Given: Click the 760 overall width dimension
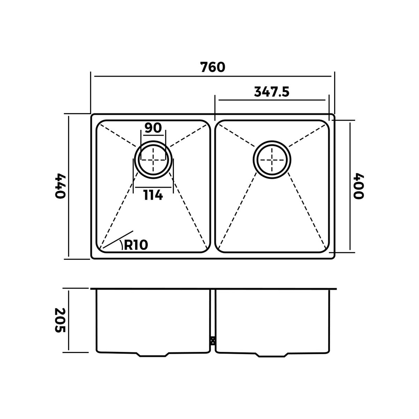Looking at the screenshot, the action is pyautogui.click(x=213, y=67).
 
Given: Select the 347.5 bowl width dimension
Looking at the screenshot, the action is pyautogui.click(x=272, y=92).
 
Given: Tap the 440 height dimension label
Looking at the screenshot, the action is pyautogui.click(x=60, y=186).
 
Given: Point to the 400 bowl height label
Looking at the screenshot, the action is pyautogui.click(x=358, y=186).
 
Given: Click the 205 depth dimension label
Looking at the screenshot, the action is pyautogui.click(x=60, y=320).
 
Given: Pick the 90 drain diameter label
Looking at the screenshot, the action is pyautogui.click(x=153, y=128).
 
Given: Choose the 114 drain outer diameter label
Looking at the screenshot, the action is pyautogui.click(x=153, y=195).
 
